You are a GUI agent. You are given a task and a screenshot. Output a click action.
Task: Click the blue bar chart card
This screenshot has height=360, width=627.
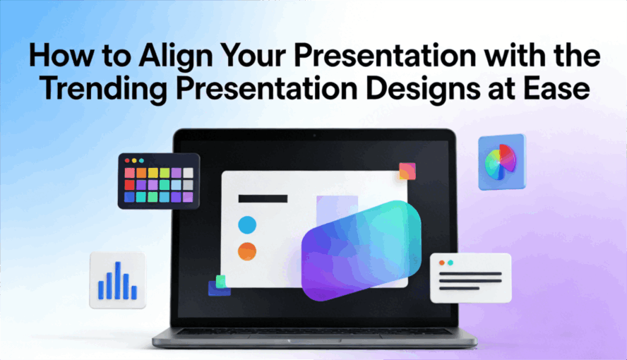tap(117, 280)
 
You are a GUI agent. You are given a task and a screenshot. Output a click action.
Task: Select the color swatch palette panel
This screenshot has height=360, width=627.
tap(159, 182)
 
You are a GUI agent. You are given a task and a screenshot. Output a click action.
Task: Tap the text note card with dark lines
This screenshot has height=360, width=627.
tap(470, 277)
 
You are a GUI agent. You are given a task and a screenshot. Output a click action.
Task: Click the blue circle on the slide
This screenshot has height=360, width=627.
tap(247, 225)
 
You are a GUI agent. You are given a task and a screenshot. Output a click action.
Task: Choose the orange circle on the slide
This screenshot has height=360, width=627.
tap(247, 251)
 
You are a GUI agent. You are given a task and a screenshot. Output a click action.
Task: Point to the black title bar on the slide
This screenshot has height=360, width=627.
tap(263, 198)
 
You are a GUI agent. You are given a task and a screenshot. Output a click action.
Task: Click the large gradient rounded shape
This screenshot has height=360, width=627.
tap(362, 250)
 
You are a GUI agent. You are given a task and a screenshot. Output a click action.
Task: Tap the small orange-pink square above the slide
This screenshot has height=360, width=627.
tap(407, 171)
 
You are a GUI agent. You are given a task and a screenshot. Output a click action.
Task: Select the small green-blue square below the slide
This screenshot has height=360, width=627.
tap(220, 284)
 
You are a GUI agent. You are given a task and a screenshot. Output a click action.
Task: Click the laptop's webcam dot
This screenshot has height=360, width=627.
tap(313, 134)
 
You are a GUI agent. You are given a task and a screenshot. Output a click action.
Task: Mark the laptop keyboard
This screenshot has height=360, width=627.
tap(313, 330)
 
